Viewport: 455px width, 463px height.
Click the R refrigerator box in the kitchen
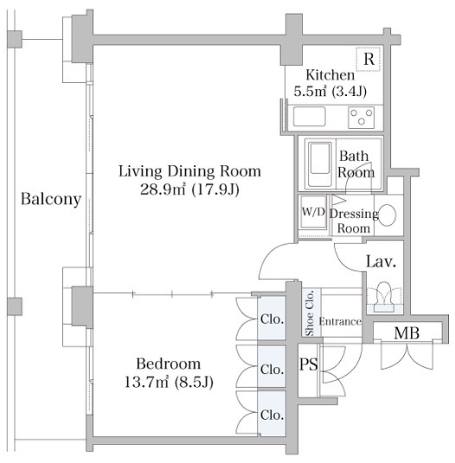coord(368,59)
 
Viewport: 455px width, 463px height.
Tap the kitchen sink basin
coord(309,117)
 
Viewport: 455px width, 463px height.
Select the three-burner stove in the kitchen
coord(362,117)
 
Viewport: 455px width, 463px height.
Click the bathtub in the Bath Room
coord(320,164)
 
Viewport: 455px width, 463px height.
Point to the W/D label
coord(313,211)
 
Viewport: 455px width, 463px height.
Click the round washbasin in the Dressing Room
coord(387,215)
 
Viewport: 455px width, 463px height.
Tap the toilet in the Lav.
coord(384,297)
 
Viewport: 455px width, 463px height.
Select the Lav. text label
coord(381,261)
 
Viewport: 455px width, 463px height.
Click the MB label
coord(407,333)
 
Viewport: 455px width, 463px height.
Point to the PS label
coord(309,364)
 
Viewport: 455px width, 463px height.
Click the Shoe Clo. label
coord(310,313)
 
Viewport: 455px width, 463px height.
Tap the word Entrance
coord(340,321)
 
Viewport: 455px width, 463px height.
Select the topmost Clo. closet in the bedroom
coord(272,318)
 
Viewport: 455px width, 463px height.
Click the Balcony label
coord(51,199)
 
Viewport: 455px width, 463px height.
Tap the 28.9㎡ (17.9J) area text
coord(189,190)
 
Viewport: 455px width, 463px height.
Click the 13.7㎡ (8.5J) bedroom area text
coord(169,383)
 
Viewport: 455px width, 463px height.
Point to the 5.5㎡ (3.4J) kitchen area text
coord(330,91)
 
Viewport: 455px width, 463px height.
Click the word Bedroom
coord(169,363)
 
